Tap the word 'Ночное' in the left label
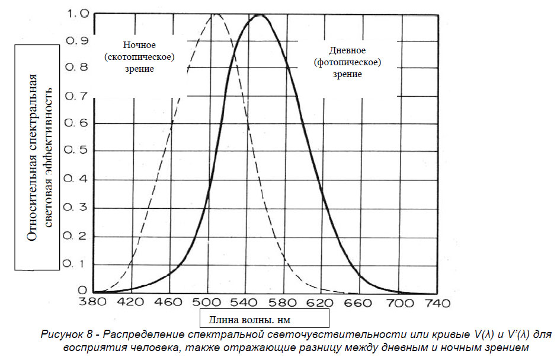point(140,46)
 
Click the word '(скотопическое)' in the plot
point(140,58)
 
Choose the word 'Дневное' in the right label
point(347,51)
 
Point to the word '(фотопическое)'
point(347,62)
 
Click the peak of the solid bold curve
point(260,15)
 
